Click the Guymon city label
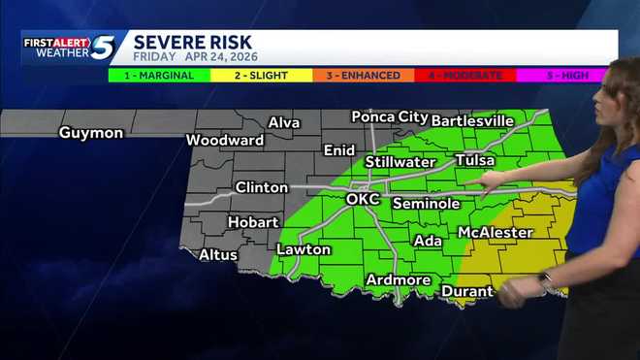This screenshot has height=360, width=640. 91,133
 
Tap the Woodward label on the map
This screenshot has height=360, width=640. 225,140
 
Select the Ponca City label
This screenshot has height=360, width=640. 389,116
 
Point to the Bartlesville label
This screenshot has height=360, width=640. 471,120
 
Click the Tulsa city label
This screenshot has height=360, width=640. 474,160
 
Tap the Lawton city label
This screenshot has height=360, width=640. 304,249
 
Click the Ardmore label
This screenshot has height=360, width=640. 398,280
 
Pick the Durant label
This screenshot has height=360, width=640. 467,291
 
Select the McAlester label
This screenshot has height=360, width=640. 495,233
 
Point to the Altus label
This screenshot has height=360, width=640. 218,255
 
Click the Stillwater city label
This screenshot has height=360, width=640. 400,161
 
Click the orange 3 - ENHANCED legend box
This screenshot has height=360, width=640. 363,75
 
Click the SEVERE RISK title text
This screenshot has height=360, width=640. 193,42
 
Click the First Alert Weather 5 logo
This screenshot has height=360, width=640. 70,47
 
